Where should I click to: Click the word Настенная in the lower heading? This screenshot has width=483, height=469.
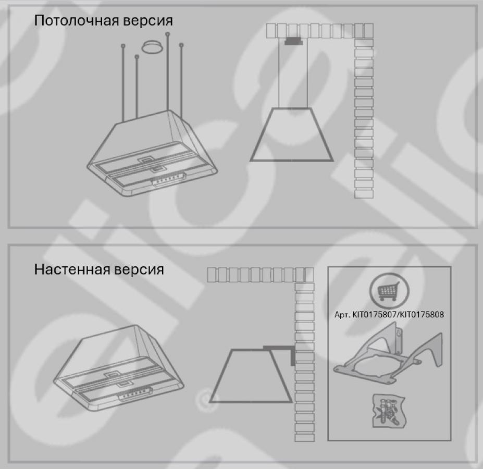72,269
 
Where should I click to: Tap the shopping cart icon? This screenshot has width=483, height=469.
389,291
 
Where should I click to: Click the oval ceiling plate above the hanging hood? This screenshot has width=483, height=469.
152,46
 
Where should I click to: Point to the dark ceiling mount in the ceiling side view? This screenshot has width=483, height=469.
293,41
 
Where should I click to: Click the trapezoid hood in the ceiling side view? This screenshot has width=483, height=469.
291,134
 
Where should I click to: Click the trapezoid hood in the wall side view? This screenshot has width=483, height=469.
251,376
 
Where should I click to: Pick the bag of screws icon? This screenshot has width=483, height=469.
389,411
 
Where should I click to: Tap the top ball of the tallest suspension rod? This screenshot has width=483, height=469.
168,34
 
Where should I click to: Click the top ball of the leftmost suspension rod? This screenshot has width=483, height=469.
123,46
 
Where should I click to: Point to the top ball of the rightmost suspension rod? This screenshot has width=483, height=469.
181,45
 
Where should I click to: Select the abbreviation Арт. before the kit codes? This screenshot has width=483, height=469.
342,315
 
